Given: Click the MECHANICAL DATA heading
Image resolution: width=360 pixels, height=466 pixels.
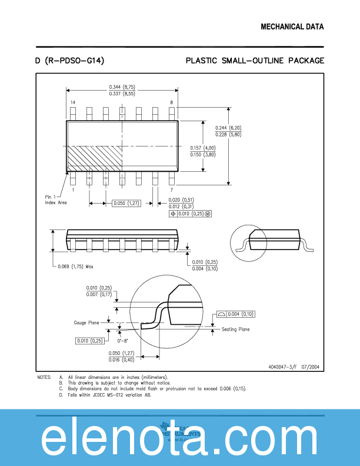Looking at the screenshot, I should click(292, 27).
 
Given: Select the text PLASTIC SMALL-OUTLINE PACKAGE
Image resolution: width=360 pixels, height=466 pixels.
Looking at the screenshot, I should click(255, 61).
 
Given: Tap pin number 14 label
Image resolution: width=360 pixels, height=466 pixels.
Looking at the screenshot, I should click(72, 102).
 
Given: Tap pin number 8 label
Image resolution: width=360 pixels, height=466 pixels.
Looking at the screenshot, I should click(172, 102).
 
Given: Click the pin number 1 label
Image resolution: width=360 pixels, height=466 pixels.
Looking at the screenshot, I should click(72, 189).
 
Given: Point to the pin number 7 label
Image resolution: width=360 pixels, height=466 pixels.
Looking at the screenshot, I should click(172, 189).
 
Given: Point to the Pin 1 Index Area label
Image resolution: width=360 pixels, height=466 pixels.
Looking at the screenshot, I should click(56, 199).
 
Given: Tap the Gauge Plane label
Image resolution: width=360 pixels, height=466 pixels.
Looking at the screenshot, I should click(86, 322).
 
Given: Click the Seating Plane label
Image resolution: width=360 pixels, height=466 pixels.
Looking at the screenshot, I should click(235, 329).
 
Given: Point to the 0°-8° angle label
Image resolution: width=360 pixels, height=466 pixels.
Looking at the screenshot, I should click(122, 340).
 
